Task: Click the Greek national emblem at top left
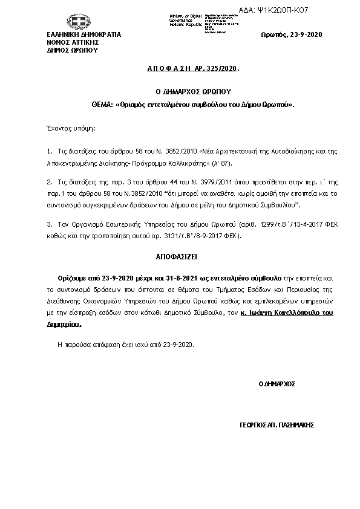click(78, 22)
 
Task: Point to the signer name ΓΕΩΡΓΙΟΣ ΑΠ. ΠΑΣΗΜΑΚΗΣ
click(277, 425)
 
